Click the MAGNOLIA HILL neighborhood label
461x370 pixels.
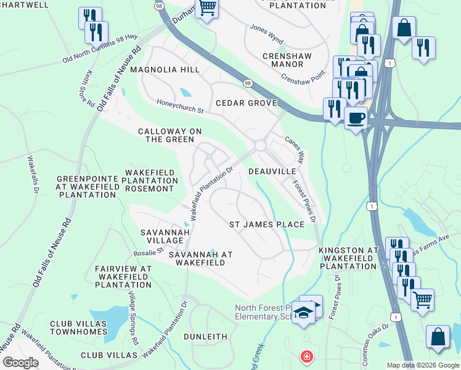point(169,70)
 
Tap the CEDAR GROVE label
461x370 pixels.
point(245,103)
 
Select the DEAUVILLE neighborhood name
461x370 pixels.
point(277,171)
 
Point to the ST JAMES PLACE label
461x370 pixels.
point(267,224)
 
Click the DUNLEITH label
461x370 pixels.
point(206,337)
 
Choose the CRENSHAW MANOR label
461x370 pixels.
point(287,60)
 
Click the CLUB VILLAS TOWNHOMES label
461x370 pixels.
point(79,327)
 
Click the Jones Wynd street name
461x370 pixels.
point(266,30)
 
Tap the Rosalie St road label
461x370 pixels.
point(148,251)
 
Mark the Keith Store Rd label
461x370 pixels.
point(90,86)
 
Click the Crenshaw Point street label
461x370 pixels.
point(303,77)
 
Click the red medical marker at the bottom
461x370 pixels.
point(305,356)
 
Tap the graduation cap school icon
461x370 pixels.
point(304,314)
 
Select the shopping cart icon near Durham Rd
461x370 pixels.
point(207,8)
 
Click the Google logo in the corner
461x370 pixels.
point(20,362)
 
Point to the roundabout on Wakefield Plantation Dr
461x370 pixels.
point(260,146)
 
